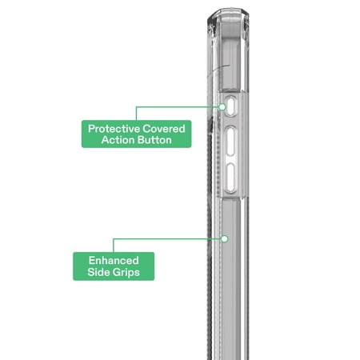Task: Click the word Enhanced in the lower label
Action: pyautogui.click(x=114, y=261)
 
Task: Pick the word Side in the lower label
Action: pyautogui.click(x=98, y=272)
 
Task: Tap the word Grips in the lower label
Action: pyautogui.click(x=125, y=273)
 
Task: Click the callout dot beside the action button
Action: pyautogui.click(x=222, y=107)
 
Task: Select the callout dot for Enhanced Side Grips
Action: pyautogui.click(x=225, y=239)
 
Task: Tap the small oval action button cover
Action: pyautogui.click(x=230, y=106)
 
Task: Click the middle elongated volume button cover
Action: pyautogui.click(x=231, y=141)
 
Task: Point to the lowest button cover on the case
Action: pyautogui.click(x=231, y=178)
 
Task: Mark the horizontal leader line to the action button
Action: pyautogui.click(x=178, y=107)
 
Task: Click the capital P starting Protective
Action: pyautogui.click(x=91, y=129)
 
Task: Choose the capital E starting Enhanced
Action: pyautogui.click(x=92, y=261)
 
